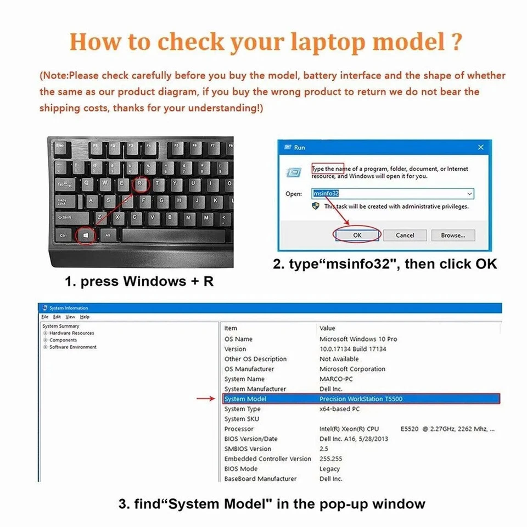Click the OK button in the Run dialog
pos(357,235)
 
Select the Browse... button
pos(452,235)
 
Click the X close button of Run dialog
pos(480,147)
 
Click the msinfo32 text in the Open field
pos(327,194)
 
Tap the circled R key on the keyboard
pos(142,184)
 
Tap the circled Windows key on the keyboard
pos(86,235)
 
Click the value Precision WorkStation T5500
pos(361,399)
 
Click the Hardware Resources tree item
pos(71,333)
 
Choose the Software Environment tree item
pos(72,347)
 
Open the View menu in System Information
pos(70,317)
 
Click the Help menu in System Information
pos(84,317)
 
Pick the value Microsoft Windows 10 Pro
pos(358,339)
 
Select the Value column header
pos(327,328)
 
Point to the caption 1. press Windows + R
pos(139,282)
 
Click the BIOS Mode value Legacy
pos(329,469)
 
